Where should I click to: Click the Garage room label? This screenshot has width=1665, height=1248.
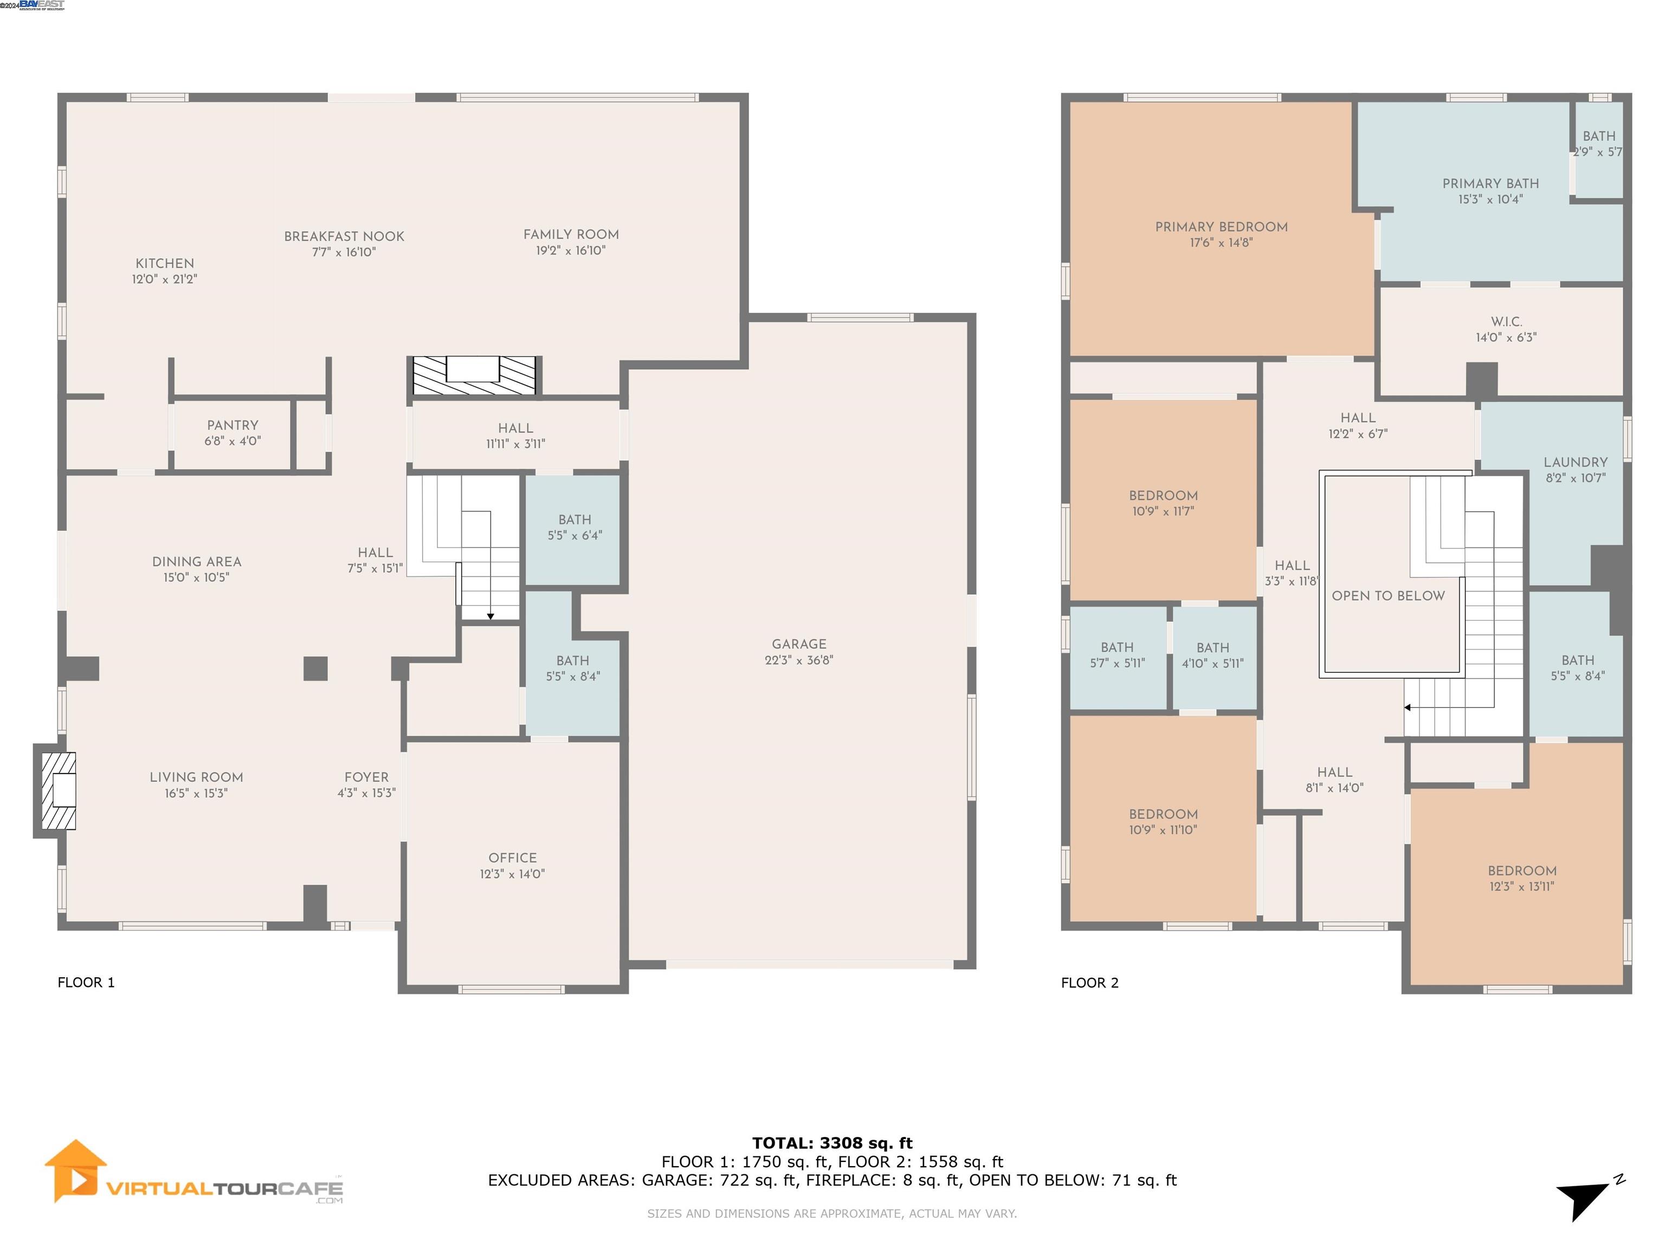click(x=799, y=644)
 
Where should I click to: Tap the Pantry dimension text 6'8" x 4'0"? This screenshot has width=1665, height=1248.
click(x=232, y=441)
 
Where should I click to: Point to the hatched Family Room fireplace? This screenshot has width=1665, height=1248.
click(x=474, y=375)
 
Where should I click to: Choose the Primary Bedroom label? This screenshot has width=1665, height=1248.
click(x=1221, y=226)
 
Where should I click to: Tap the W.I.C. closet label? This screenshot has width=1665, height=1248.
click(x=1506, y=322)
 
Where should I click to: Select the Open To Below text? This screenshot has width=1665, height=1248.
click(x=1388, y=596)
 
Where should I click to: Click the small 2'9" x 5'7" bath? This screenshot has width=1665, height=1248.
click(x=1598, y=144)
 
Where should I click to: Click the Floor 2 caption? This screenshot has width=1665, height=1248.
click(x=1089, y=983)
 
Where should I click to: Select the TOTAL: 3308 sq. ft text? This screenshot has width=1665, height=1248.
click(x=832, y=1143)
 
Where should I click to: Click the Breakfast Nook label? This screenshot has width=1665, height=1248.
click(x=344, y=236)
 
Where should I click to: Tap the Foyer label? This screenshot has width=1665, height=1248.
click(x=366, y=777)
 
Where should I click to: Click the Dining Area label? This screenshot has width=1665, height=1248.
click(x=196, y=562)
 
